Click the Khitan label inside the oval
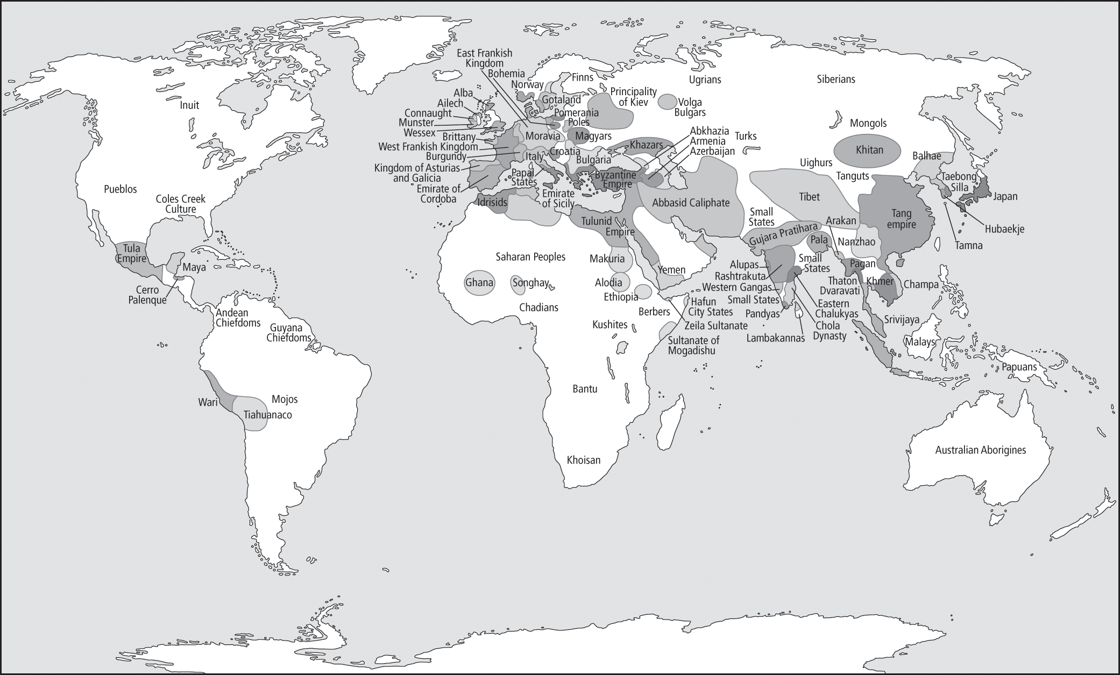(x=869, y=150)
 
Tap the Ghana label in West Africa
(x=479, y=282)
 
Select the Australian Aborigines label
(x=980, y=450)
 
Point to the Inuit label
(x=189, y=105)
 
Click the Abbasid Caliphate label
(x=691, y=203)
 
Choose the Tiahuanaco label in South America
(x=267, y=415)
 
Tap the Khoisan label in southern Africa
(x=583, y=460)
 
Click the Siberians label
(x=835, y=79)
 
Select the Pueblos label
(x=120, y=189)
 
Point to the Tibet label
(x=809, y=197)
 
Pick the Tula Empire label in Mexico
(x=131, y=253)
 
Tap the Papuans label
(x=1019, y=367)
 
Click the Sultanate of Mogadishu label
(x=693, y=345)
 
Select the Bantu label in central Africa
(x=585, y=388)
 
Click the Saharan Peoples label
(x=530, y=257)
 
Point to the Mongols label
(x=868, y=123)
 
